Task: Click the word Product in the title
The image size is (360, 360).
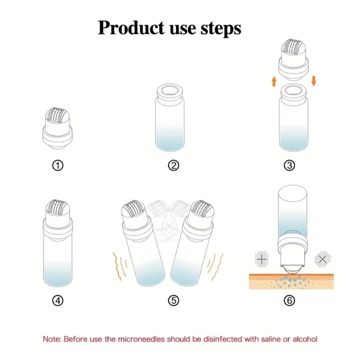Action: tap(131, 28)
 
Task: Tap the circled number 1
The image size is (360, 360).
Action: tap(58, 165)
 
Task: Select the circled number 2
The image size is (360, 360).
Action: tap(174, 165)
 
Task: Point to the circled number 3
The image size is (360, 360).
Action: tap(289, 165)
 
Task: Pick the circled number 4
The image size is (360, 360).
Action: tap(58, 300)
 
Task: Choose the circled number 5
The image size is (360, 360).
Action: tap(174, 300)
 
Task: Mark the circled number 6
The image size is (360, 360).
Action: tap(289, 300)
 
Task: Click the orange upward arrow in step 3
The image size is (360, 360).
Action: tap(274, 81)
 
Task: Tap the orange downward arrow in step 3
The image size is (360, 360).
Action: tap(314, 81)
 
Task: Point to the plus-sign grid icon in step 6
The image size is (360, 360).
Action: tap(262, 259)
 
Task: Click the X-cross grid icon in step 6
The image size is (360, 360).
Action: tap(323, 259)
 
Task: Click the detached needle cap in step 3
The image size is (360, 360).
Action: tap(294, 60)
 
